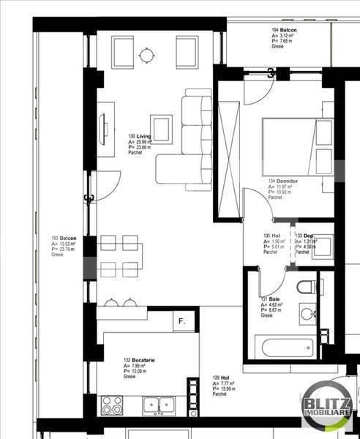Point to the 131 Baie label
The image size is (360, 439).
(269, 300)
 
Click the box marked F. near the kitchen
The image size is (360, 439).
(181, 320)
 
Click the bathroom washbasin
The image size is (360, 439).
(306, 315)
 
